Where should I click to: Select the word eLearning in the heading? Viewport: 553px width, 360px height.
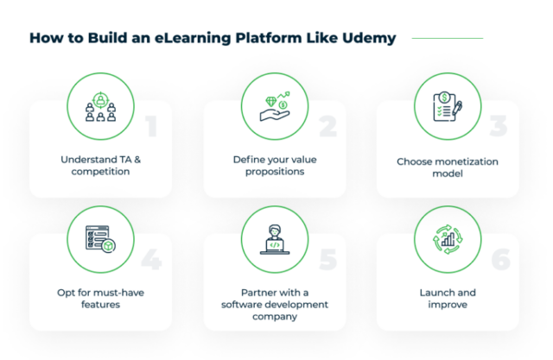coord(169,38)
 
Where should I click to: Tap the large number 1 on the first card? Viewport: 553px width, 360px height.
coord(151,126)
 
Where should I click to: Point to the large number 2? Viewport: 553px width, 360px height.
coord(327,126)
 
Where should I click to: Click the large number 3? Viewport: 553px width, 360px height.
coord(500,126)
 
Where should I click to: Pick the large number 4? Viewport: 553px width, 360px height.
coord(151,260)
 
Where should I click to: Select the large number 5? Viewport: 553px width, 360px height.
coord(327,260)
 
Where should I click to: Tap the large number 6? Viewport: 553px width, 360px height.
coord(500,260)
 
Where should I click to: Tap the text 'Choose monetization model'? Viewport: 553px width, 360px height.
coord(448,167)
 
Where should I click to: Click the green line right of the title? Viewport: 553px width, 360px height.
coord(447,38)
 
